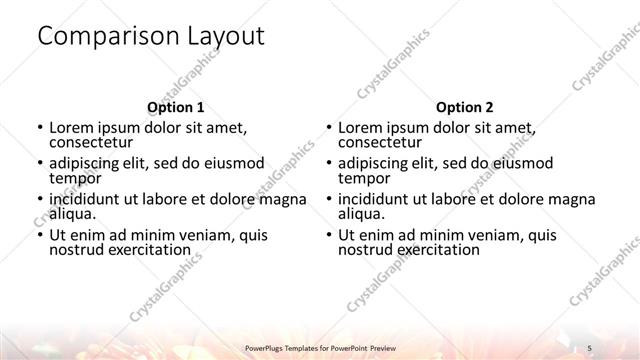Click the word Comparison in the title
(x=101, y=37)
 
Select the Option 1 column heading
(x=176, y=107)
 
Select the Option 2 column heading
(x=465, y=107)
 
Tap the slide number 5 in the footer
(x=591, y=345)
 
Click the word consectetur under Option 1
(x=92, y=142)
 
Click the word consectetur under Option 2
(x=381, y=142)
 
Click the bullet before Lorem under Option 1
(x=38, y=128)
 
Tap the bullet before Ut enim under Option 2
(x=327, y=236)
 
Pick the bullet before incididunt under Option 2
(x=327, y=199)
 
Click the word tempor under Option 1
(x=74, y=177)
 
